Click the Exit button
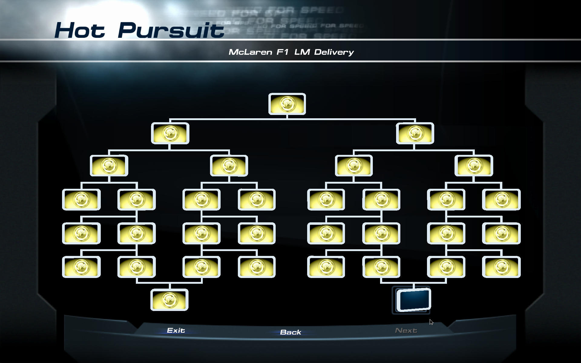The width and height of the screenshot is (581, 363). click(176, 330)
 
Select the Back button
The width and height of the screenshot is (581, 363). click(290, 332)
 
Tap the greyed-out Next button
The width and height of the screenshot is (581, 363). click(406, 330)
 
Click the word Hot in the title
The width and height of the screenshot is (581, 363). click(80, 30)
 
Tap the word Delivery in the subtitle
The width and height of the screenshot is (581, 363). click(334, 52)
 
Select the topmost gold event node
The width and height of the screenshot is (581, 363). click(287, 104)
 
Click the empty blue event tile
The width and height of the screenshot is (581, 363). click(413, 299)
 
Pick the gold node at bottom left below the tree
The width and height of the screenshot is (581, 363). click(169, 300)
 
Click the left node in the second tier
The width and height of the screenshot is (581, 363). click(170, 133)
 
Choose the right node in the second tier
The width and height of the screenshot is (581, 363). click(415, 133)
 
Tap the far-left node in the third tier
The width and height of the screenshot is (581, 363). click(109, 165)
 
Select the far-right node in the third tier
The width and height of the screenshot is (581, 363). click(474, 165)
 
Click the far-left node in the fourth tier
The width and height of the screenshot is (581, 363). click(81, 199)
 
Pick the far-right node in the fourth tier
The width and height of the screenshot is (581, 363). click(501, 199)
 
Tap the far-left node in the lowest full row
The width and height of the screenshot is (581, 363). click(81, 267)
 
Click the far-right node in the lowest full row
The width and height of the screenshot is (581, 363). click(501, 267)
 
